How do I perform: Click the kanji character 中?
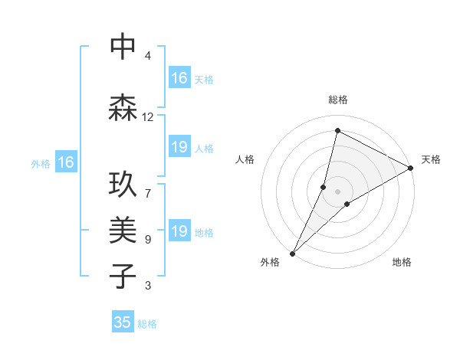[x=123, y=47]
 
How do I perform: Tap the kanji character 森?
[x=123, y=106]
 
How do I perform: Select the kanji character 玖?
[x=123, y=186]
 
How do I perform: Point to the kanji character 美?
[x=123, y=231]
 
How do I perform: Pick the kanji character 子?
[x=123, y=275]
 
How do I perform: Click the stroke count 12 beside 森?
[x=148, y=117]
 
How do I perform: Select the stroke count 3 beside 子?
[x=148, y=286]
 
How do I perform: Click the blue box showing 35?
[x=123, y=322]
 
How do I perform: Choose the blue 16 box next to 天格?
[x=179, y=78]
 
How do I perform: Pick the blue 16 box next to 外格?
[x=66, y=162]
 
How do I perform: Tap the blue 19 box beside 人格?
[x=179, y=147]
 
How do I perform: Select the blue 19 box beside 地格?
[x=179, y=231]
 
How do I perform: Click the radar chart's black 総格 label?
[x=338, y=100]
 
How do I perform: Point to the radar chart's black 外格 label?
[x=270, y=263]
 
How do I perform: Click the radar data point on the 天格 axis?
[x=411, y=168]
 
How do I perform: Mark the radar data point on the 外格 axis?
[x=292, y=253]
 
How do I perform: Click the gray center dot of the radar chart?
[x=337, y=191]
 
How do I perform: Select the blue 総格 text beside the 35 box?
[x=147, y=324]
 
